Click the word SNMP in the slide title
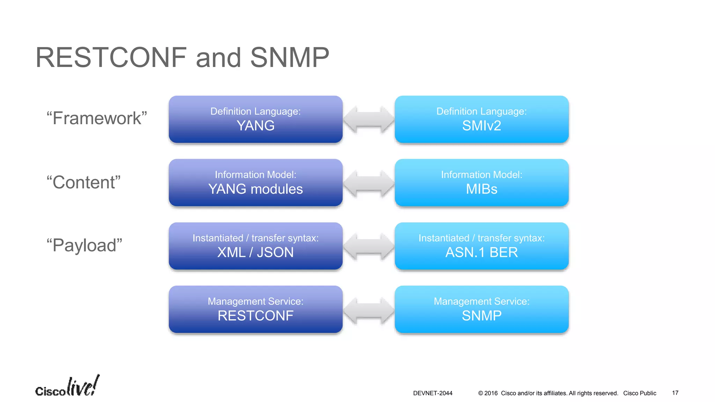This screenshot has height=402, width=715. (x=289, y=58)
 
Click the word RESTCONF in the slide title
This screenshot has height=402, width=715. (x=111, y=58)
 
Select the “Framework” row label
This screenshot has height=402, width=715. (x=97, y=118)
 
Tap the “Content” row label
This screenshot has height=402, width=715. (x=83, y=182)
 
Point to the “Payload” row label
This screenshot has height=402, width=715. (x=84, y=245)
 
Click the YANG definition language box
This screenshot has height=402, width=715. (x=256, y=119)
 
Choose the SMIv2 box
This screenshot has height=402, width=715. (x=481, y=119)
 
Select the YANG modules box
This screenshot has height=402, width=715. (x=256, y=183)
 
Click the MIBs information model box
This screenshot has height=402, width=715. (x=481, y=183)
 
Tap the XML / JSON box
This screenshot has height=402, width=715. (x=256, y=246)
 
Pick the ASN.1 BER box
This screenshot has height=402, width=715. (x=481, y=246)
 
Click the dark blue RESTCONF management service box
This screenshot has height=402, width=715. (x=256, y=309)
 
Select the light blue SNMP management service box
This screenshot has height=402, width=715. (x=481, y=309)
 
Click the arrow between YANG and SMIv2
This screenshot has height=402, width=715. (x=369, y=119)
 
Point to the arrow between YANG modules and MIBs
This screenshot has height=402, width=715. (x=369, y=183)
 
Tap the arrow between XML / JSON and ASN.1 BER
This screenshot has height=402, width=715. (x=369, y=246)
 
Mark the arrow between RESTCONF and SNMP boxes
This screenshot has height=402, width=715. (x=369, y=310)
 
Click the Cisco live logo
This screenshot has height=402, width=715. (x=67, y=387)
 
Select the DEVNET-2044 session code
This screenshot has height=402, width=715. (x=433, y=393)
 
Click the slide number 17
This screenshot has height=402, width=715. (x=675, y=393)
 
